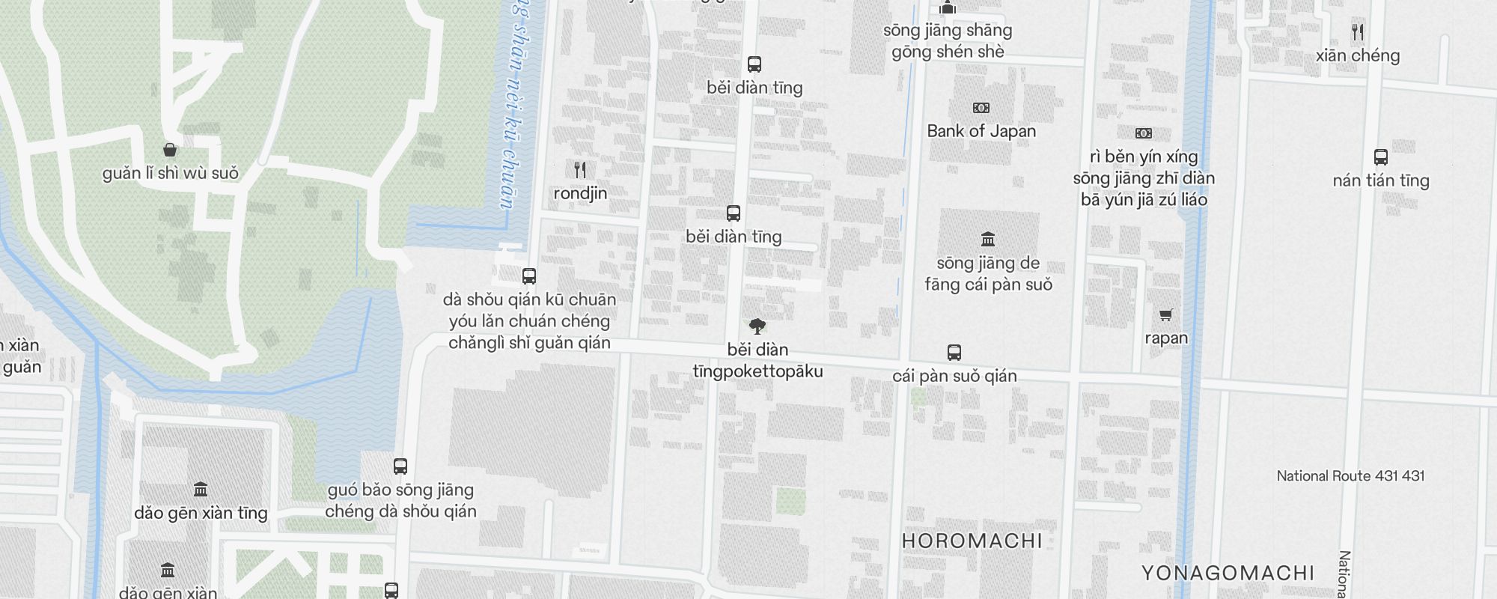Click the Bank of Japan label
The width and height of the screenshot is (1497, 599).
point(981,131)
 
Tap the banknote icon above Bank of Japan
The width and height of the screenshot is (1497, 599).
point(981,108)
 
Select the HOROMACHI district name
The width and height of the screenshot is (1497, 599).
point(972,541)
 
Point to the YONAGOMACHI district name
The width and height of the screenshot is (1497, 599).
point(1228,574)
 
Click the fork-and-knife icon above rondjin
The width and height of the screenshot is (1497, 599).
point(580,170)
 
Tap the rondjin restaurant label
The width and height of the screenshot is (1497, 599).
point(580,193)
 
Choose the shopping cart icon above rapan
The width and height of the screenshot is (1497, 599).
point(1165,314)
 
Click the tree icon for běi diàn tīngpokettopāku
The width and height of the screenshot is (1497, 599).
point(757,326)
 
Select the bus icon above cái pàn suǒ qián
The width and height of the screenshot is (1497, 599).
point(954,352)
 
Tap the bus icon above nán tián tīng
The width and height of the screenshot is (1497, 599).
point(1381,157)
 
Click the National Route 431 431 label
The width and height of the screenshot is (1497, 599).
point(1350,476)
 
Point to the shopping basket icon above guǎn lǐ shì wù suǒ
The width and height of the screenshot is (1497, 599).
point(170,150)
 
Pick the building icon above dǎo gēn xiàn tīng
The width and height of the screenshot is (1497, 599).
point(201,490)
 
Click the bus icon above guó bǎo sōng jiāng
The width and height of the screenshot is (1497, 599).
point(400,466)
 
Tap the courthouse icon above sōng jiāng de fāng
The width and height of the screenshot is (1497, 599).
point(988,240)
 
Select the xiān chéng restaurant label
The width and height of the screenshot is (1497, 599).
point(1358,55)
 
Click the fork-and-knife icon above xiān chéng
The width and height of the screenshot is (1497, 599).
point(1358,32)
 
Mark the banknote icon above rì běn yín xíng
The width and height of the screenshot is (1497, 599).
point(1143,133)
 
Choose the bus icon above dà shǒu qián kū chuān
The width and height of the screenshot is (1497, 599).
point(529,276)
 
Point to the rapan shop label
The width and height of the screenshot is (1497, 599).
point(1166,338)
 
